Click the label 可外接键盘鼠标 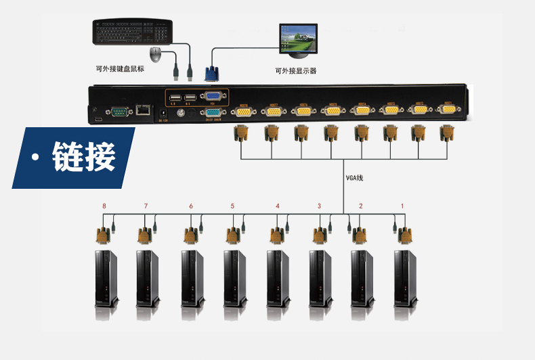pyautogui.click(x=120, y=68)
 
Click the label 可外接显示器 pyautogui.click(x=296, y=71)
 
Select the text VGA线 pyautogui.click(x=355, y=178)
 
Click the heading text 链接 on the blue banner pyautogui.click(x=84, y=157)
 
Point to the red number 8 pyautogui.click(x=104, y=206)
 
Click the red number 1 pyautogui.click(x=402, y=206)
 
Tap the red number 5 pyautogui.click(x=232, y=206)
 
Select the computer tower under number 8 pyautogui.click(x=106, y=277)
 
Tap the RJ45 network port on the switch pyautogui.click(x=143, y=109)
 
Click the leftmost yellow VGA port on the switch pyautogui.click(x=242, y=111)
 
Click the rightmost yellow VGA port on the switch pyautogui.click(x=448, y=109)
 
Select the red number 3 pyautogui.click(x=319, y=206)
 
